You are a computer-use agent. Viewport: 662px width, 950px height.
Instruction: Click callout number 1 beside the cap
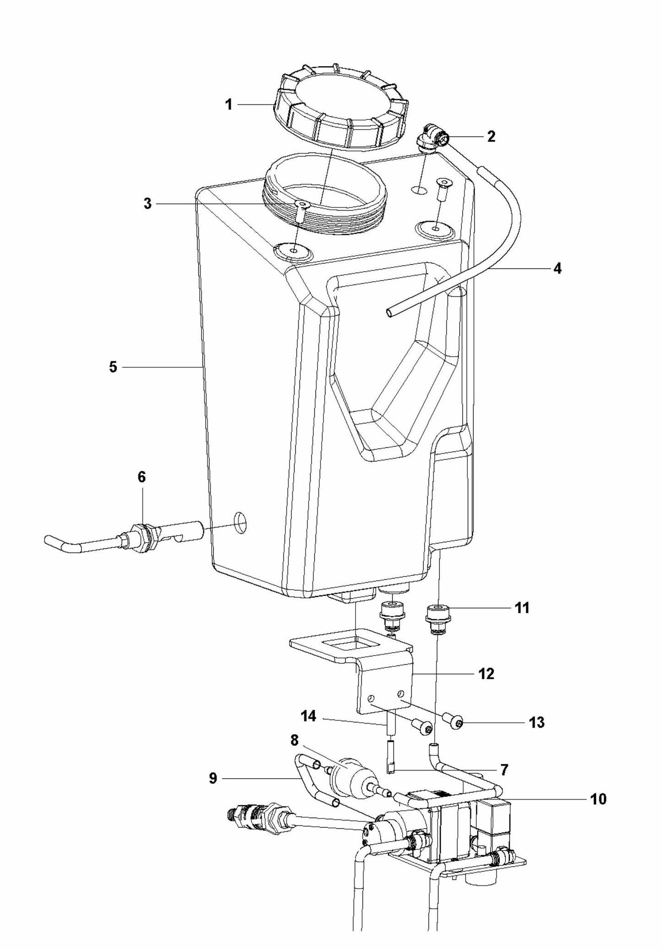pos(228,105)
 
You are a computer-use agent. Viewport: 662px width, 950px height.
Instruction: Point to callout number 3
pos(147,204)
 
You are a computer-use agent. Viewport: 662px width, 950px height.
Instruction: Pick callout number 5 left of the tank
pos(113,367)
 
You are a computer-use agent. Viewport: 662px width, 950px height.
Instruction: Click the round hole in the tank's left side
pos(240,522)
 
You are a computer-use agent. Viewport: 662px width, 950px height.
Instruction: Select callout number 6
pos(142,477)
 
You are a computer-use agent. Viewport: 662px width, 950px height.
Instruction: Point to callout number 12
pos(487,674)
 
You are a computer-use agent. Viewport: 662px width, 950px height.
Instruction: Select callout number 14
pos(308,716)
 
